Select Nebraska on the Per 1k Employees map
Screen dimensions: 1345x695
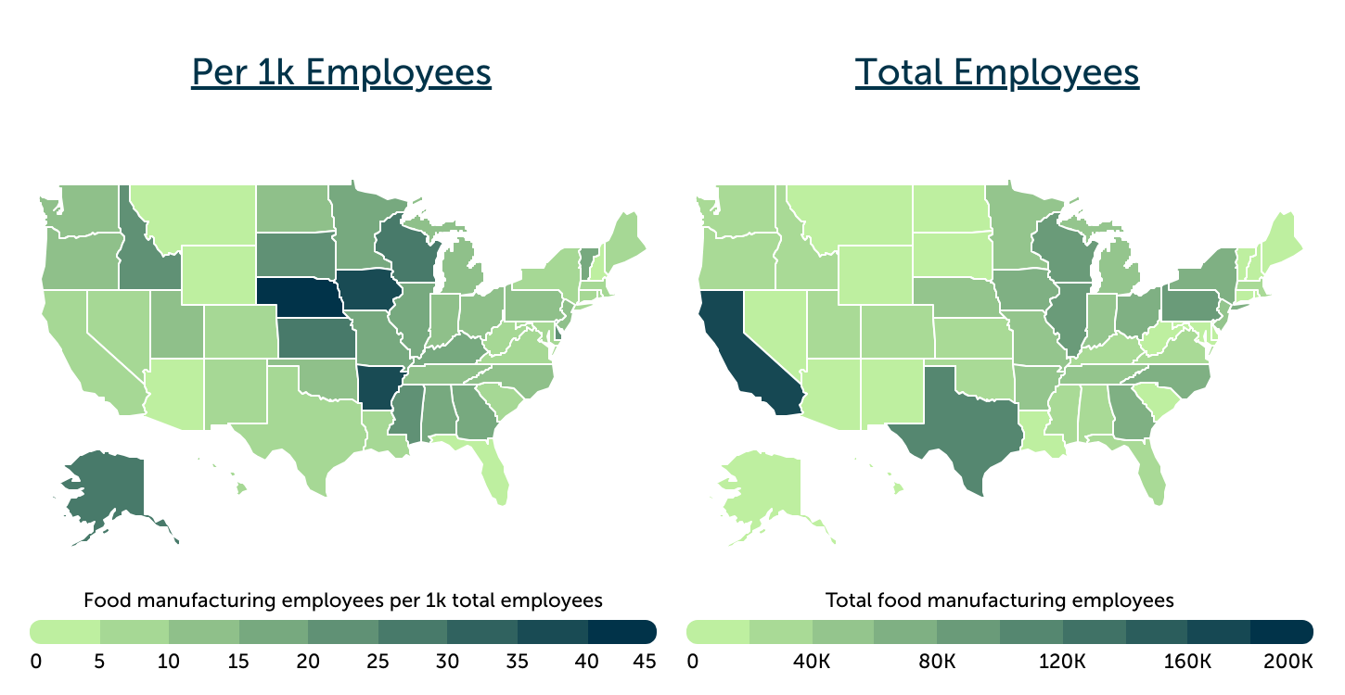(301, 297)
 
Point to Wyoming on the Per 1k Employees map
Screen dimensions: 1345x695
(219, 275)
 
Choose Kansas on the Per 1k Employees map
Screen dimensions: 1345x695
(315, 338)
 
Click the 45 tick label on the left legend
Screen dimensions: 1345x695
(645, 662)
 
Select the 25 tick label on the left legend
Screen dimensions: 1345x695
(378, 662)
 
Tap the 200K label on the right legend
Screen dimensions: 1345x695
(1288, 662)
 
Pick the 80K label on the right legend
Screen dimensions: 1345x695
(937, 662)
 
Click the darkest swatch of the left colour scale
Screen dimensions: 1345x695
(622, 631)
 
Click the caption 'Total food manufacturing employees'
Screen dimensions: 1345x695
(1000, 600)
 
